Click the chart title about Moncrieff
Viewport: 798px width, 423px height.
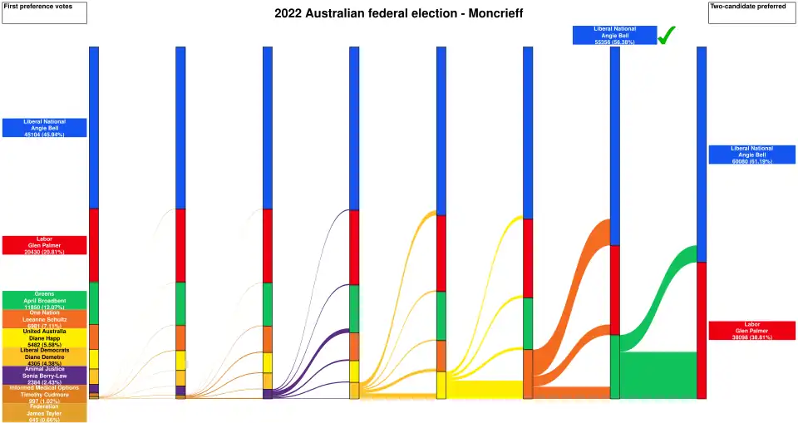click(399, 14)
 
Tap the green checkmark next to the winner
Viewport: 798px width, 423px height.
click(667, 35)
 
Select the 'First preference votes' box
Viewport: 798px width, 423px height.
click(44, 12)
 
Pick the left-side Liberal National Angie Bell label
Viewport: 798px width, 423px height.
click(44, 127)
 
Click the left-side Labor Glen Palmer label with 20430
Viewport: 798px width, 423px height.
click(44, 245)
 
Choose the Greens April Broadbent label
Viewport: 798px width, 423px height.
click(44, 300)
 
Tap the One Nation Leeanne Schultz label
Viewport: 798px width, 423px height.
click(44, 318)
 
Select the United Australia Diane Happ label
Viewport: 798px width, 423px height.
click(44, 337)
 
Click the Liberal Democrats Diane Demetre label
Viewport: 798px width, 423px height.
click(44, 357)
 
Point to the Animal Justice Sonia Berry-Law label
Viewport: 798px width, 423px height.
click(44, 375)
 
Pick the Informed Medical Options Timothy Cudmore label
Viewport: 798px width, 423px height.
click(44, 394)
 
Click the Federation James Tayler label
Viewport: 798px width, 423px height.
click(44, 412)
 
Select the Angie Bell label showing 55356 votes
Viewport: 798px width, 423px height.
click(614, 35)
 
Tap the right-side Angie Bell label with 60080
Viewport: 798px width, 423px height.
click(752, 155)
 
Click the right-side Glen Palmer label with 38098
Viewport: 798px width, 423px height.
click(752, 330)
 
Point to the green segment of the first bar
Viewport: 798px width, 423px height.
click(94, 303)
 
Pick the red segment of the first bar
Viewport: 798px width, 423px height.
click(94, 245)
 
